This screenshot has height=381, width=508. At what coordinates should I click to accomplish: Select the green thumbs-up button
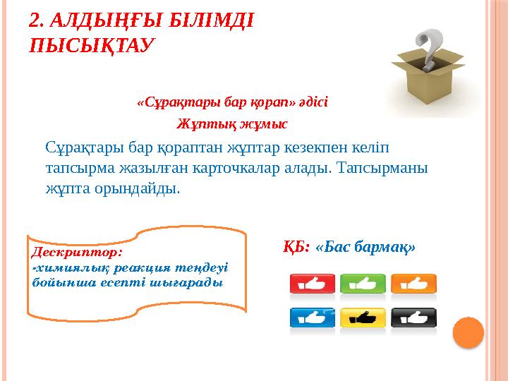(363, 284)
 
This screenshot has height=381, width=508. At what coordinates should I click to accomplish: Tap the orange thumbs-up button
(413, 284)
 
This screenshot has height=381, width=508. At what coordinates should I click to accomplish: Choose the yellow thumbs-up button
(363, 318)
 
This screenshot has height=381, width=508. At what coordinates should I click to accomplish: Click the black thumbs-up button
(413, 318)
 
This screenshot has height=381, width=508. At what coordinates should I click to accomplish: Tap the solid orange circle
(468, 332)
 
